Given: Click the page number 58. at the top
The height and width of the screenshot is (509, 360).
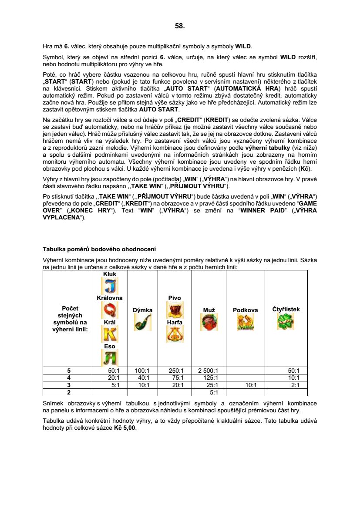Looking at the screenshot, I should pyautogui.click(x=180, y=26).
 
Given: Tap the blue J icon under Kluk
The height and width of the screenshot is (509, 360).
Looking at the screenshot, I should pyautogui.click(x=110, y=286).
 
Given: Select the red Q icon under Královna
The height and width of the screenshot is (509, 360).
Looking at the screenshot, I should pyautogui.click(x=110, y=310).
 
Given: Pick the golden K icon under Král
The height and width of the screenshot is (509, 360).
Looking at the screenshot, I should pyautogui.click(x=110, y=334).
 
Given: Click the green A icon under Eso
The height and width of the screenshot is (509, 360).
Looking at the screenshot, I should pyautogui.click(x=110, y=358).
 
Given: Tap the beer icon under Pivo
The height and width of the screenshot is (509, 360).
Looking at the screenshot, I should pyautogui.click(x=175, y=310).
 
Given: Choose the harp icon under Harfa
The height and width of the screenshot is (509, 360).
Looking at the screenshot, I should pyautogui.click(x=175, y=334).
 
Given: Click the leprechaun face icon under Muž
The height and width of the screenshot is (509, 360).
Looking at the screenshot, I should pyautogui.click(x=209, y=322).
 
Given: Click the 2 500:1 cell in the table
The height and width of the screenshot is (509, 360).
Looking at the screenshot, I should pyautogui.click(x=208, y=371).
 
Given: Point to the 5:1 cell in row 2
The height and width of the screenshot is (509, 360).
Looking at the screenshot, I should pyautogui.click(x=214, y=392).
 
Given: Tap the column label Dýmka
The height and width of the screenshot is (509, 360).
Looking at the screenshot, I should pyautogui.click(x=142, y=310).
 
